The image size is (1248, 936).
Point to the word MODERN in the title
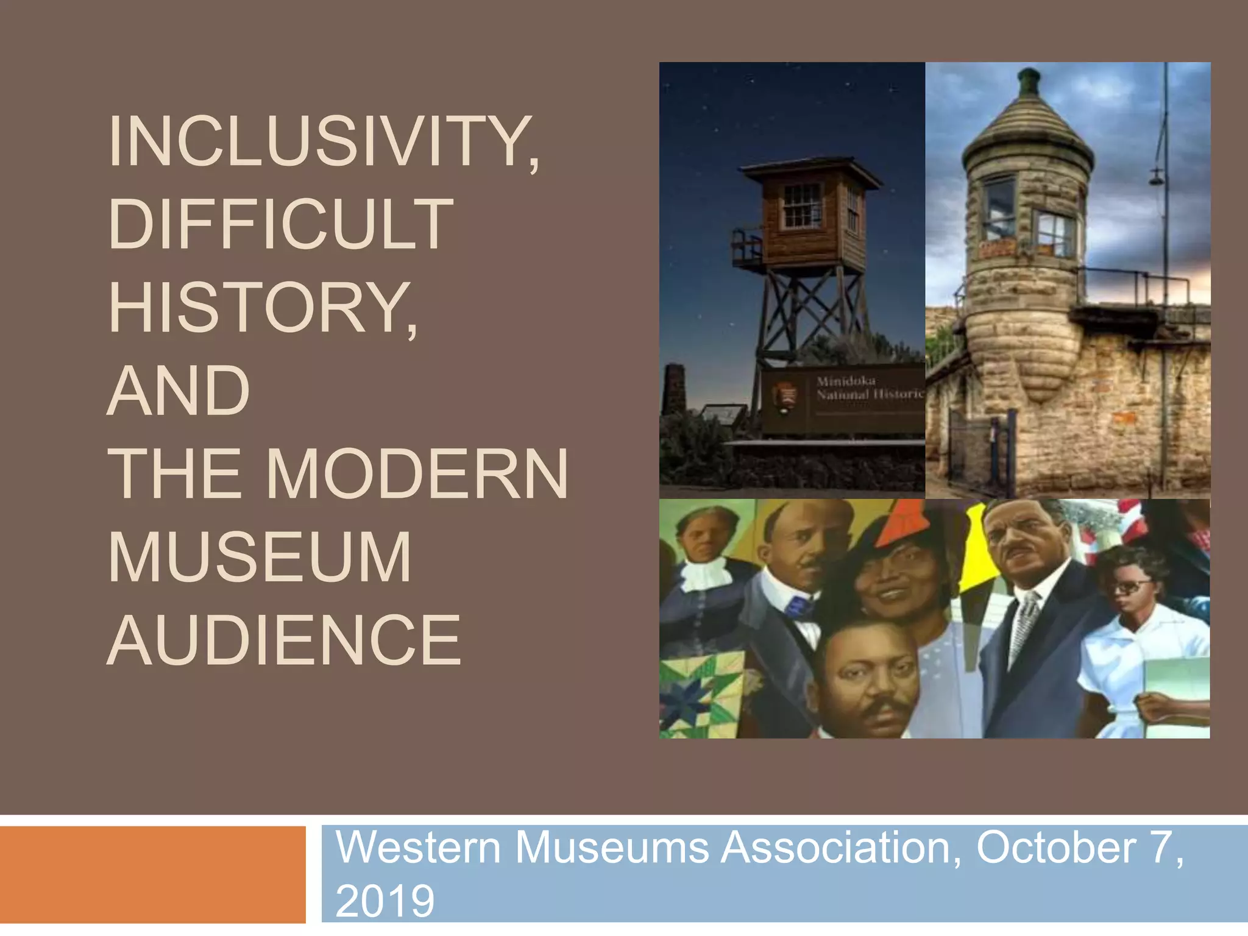point(417,474)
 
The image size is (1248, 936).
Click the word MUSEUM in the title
point(260,557)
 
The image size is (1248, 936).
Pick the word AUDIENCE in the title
point(284,640)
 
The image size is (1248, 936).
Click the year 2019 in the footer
point(385,901)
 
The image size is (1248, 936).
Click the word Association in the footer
point(841,848)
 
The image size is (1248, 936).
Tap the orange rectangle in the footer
point(152,874)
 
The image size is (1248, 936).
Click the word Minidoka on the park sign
point(846,381)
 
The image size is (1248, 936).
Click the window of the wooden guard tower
point(802,205)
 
